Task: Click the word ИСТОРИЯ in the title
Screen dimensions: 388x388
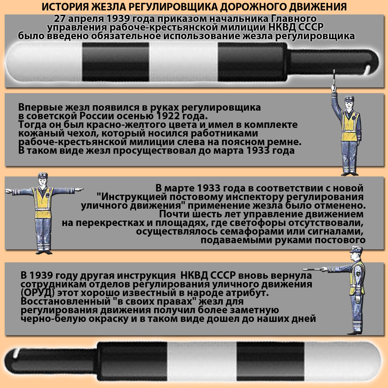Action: pyautogui.click(x=63, y=7)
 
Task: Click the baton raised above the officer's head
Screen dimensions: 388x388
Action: pyautogui.click(x=334, y=81)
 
